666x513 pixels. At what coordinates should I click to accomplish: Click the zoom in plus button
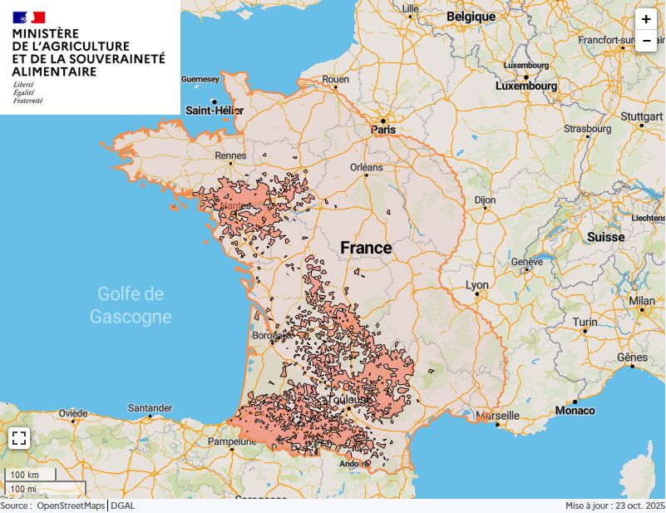point(646,19)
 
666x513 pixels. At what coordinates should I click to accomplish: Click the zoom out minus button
point(646,41)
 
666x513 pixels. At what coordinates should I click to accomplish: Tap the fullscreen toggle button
point(19,438)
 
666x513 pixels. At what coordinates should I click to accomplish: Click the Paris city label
point(383,130)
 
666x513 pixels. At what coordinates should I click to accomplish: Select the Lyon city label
point(477,285)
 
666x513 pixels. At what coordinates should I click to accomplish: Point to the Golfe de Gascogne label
point(131,305)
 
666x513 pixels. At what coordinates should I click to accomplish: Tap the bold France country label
point(366,248)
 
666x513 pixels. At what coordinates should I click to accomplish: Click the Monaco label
point(575,410)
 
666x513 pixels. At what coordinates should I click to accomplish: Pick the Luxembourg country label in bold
point(526,86)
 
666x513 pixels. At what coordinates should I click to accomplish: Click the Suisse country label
point(605,237)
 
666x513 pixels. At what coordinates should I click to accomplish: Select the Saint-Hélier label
point(215,110)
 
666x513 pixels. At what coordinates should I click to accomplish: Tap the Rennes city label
point(230,155)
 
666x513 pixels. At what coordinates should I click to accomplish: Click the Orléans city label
point(366,167)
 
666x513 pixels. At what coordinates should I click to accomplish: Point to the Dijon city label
point(485,200)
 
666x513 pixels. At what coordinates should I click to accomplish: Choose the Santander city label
point(150,407)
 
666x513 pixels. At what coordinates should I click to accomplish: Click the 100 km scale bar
point(30,475)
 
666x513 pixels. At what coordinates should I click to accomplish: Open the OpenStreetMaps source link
point(71,506)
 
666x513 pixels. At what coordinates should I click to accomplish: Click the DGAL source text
point(123,506)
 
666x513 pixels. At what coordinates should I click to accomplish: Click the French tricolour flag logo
point(29,17)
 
